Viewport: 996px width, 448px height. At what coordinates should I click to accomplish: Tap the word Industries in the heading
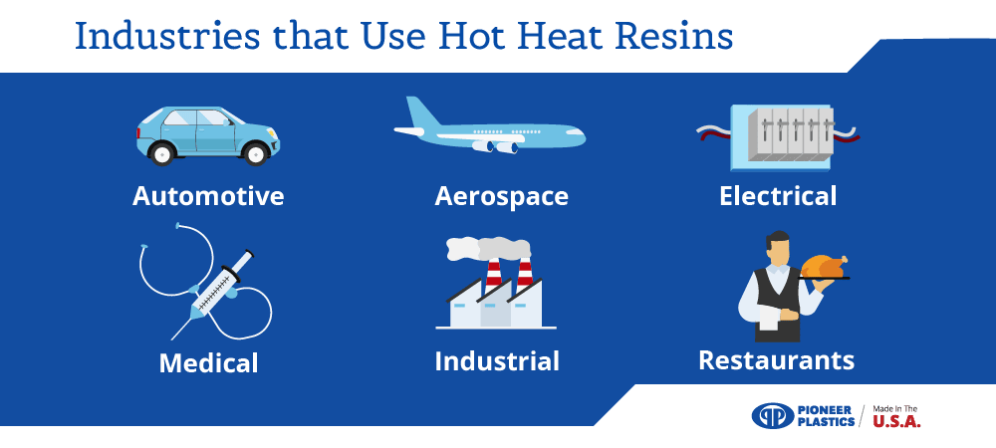(x=167, y=36)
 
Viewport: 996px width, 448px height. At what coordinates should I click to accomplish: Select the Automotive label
(x=208, y=196)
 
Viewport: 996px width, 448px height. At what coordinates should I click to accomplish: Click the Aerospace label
(x=501, y=196)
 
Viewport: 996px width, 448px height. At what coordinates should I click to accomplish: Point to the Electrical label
(x=778, y=195)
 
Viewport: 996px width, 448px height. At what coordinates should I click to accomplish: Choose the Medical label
(x=208, y=363)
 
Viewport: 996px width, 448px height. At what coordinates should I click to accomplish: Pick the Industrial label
(x=497, y=361)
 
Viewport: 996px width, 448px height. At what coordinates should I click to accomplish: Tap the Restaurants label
(x=776, y=359)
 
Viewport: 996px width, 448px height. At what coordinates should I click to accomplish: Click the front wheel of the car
(x=256, y=153)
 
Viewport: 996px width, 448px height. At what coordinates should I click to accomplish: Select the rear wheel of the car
(x=161, y=153)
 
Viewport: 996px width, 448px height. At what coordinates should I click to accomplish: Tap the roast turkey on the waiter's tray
(x=824, y=266)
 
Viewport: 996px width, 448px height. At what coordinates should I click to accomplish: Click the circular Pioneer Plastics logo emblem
(x=773, y=416)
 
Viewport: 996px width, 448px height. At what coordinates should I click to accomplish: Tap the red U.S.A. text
(x=896, y=421)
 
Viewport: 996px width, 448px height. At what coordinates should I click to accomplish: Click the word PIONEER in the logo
(x=825, y=410)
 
